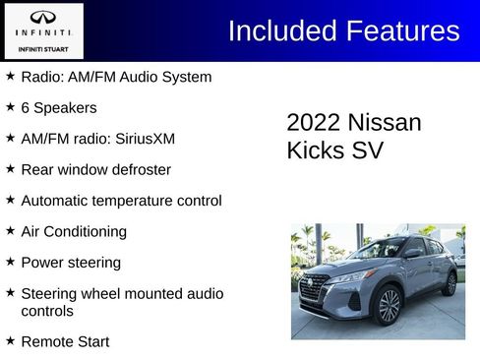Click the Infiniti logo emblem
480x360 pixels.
43,18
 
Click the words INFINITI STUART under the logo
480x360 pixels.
43,47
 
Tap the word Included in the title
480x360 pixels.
282,30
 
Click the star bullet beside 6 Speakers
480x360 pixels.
10,107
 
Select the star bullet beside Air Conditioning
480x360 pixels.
10,232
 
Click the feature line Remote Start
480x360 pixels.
65,342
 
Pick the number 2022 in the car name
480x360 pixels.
312,123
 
